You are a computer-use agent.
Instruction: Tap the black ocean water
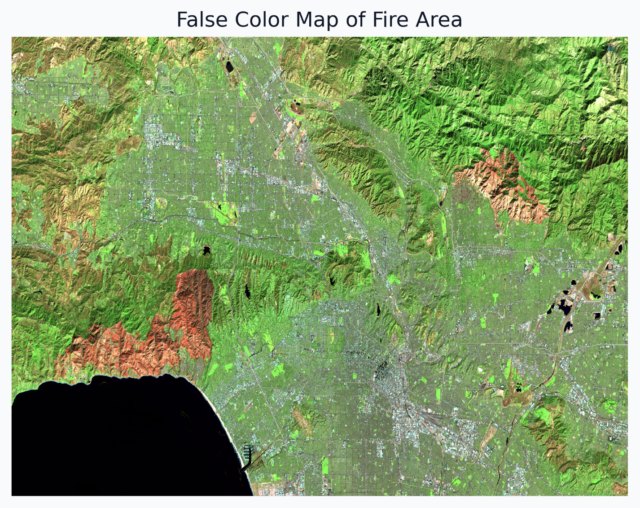pos(112,435)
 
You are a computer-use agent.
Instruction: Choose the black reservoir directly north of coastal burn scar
pos(206,250)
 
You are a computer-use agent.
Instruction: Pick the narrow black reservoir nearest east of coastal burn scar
pos(247,292)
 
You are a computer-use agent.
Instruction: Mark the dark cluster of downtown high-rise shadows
pos(384,368)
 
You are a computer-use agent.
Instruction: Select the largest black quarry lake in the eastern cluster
pos(563,307)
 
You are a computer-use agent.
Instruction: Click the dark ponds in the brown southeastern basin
pos(518,387)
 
